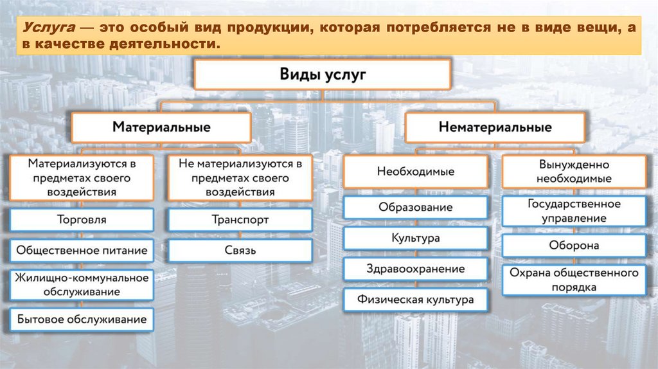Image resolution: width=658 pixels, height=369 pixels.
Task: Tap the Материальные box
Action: [x=161, y=127]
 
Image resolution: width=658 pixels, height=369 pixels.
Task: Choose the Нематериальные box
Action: [x=495, y=127]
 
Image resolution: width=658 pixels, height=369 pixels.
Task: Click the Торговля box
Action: [x=81, y=220]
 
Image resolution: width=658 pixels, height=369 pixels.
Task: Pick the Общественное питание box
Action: [x=81, y=251]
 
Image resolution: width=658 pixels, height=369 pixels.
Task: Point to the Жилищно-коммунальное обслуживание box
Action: [x=81, y=285]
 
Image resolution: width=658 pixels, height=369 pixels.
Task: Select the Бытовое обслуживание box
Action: [x=81, y=319]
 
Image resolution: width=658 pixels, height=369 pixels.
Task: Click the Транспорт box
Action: [x=240, y=220]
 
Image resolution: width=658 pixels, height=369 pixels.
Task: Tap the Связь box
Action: [x=240, y=251]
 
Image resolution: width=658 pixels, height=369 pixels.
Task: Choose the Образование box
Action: [x=415, y=208]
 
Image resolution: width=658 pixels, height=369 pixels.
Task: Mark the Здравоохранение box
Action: [x=415, y=269]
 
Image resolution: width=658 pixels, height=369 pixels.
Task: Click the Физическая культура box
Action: [x=415, y=300]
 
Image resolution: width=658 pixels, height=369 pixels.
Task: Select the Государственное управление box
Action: [x=574, y=211]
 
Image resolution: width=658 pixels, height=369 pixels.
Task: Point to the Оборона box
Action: [x=574, y=246]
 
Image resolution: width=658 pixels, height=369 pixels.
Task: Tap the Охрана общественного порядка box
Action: [x=574, y=280]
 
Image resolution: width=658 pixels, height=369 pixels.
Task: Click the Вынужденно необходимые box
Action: [x=574, y=171]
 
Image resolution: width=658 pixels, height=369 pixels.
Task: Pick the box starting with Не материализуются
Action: [x=240, y=177]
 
